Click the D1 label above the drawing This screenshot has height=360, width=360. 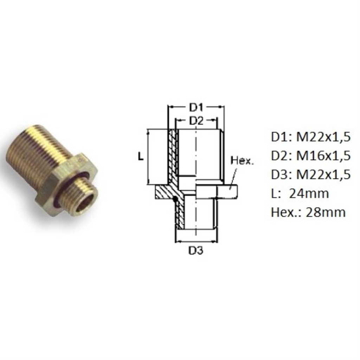196,108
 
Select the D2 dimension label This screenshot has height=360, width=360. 196,121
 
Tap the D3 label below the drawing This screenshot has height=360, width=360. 196,250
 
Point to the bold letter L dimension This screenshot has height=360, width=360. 141,157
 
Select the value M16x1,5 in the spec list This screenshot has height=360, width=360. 323,156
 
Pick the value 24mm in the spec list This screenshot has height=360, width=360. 309,194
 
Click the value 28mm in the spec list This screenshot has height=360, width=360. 325,212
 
